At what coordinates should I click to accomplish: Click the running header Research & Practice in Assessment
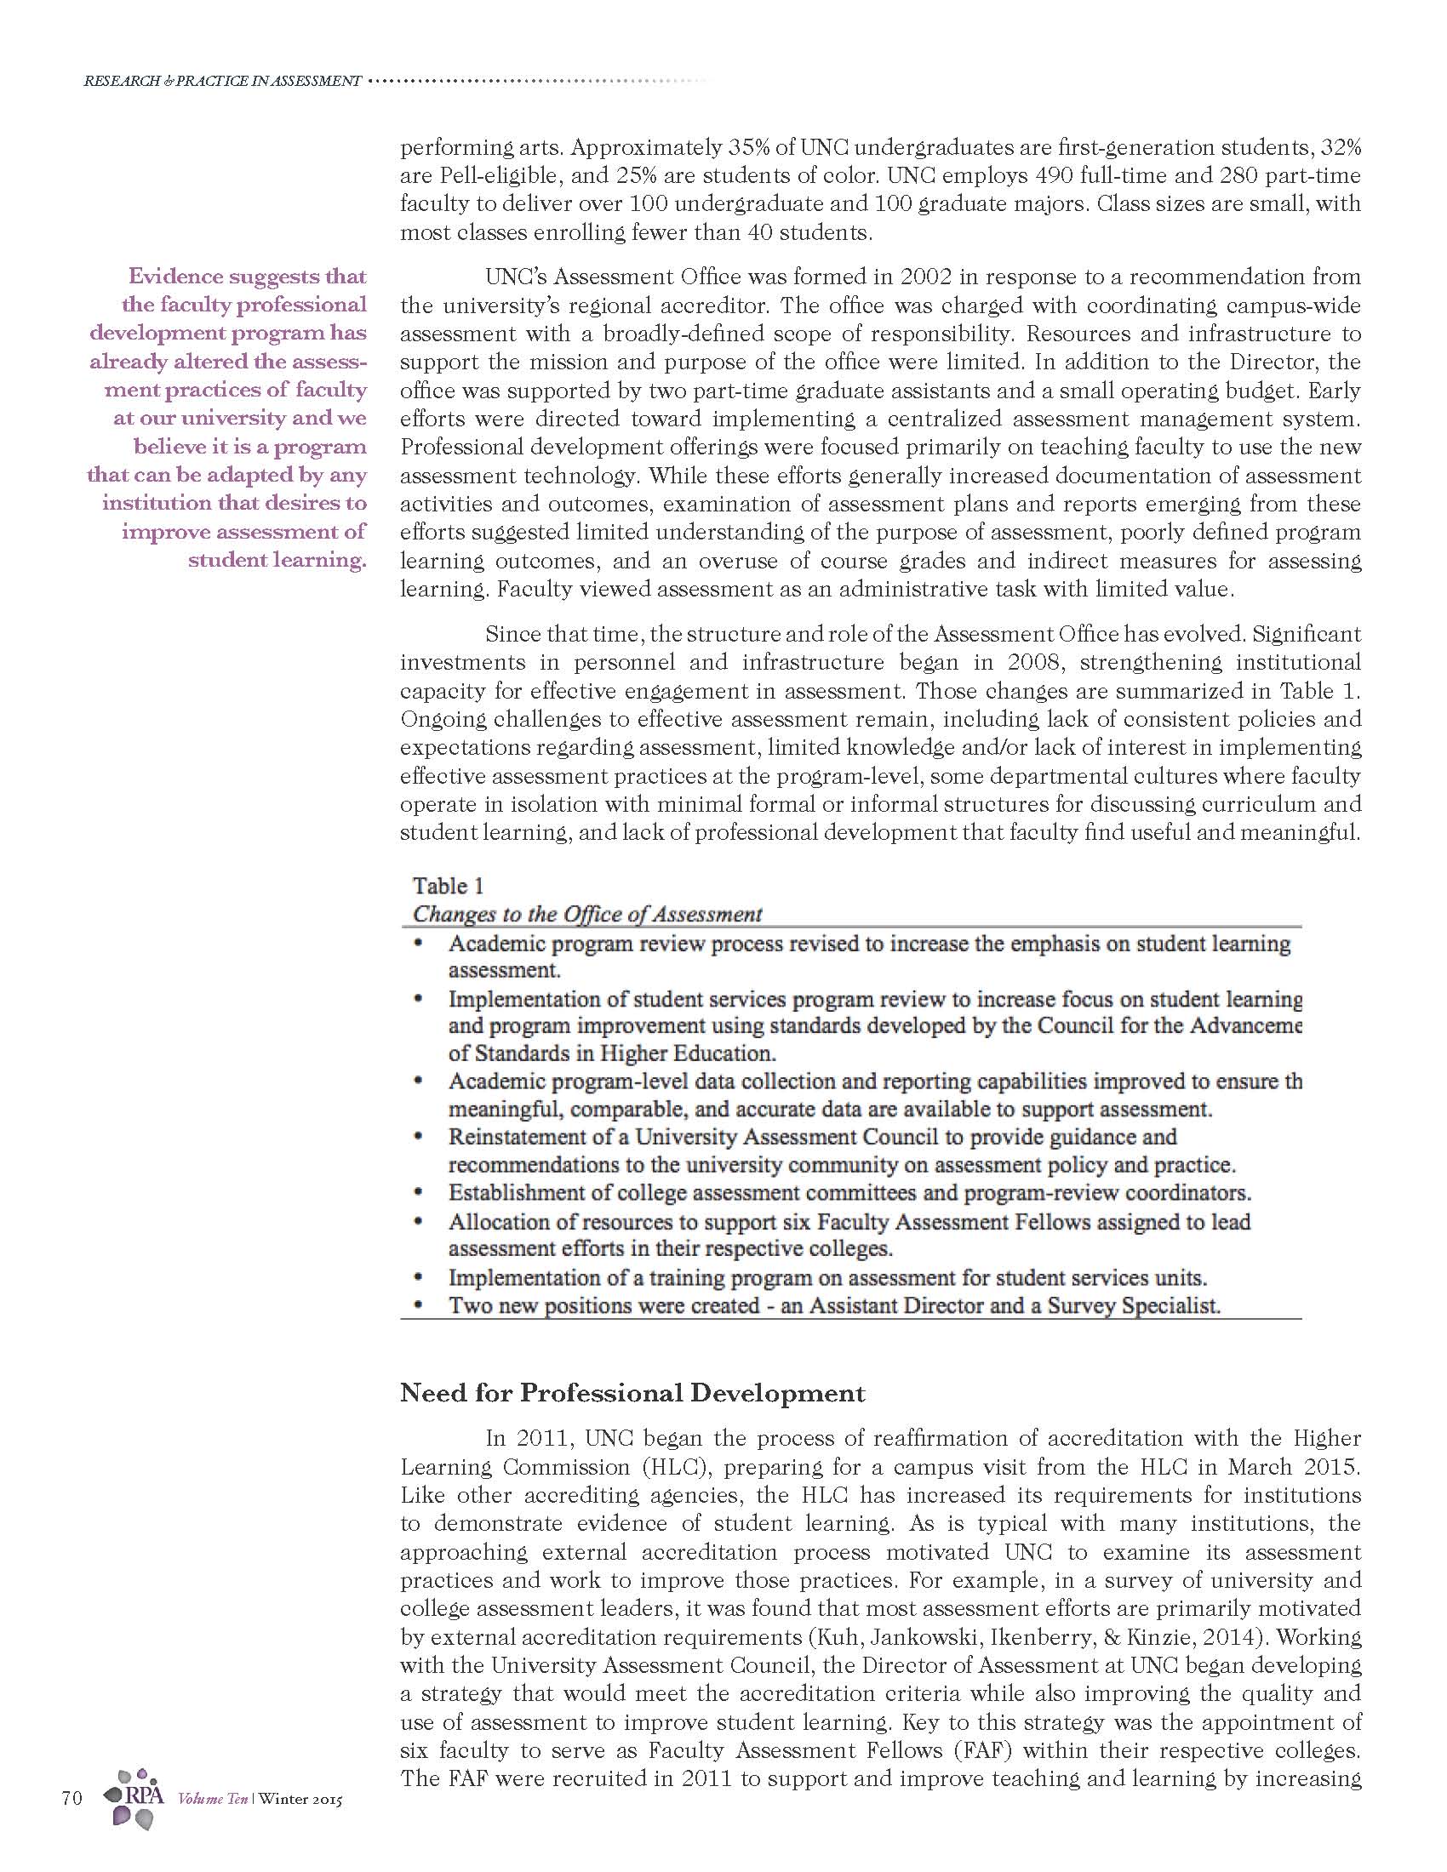pyautogui.click(x=222, y=82)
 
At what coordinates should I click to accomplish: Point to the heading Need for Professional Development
pyautogui.click(x=632, y=1393)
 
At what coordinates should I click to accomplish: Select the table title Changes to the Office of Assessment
pyautogui.click(x=587, y=914)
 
